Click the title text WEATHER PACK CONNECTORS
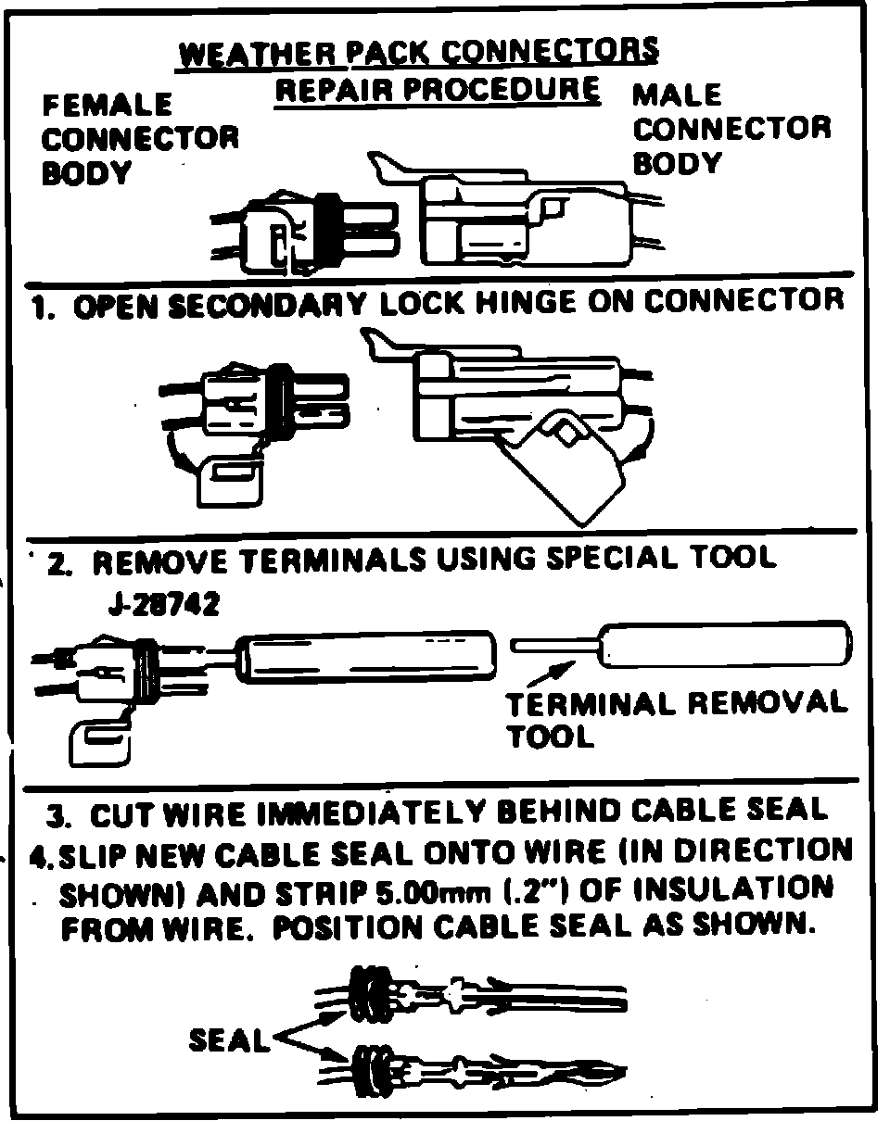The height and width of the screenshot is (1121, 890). [418, 53]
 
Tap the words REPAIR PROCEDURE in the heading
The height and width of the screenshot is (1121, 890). [437, 91]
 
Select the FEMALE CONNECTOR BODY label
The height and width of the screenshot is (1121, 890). [139, 138]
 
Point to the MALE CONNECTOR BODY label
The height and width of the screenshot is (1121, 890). [731, 129]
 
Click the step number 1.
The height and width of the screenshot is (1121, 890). [40, 307]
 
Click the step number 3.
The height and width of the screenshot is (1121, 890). [58, 816]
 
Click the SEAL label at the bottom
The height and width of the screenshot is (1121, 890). [228, 1040]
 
